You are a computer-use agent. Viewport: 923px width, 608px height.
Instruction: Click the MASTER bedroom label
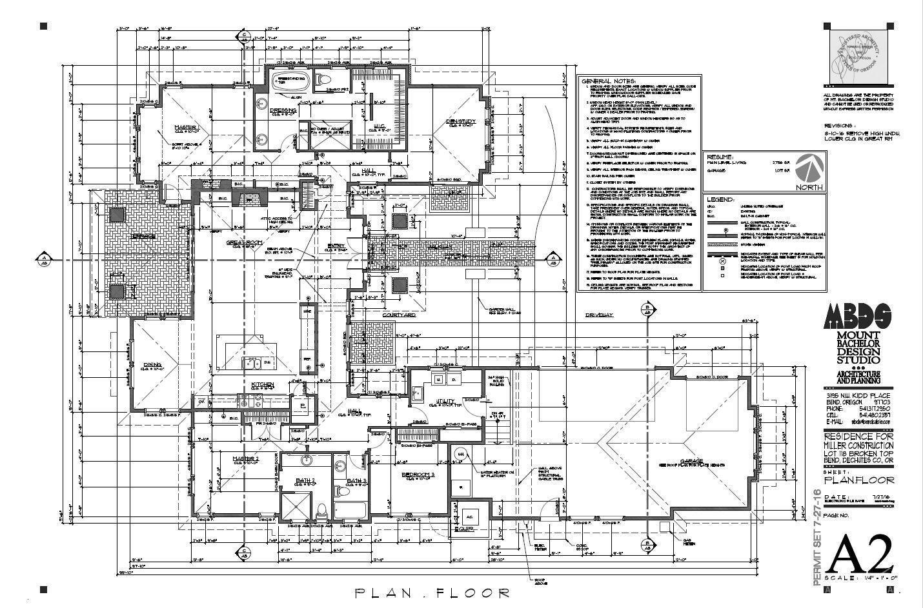(185, 127)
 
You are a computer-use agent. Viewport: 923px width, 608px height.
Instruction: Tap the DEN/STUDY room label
(461, 122)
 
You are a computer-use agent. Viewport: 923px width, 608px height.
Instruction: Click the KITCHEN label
(263, 385)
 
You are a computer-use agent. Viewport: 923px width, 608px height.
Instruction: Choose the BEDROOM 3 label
(418, 475)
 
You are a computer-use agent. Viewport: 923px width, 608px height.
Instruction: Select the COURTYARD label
(398, 315)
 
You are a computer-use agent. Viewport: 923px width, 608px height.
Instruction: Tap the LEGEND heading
(721, 200)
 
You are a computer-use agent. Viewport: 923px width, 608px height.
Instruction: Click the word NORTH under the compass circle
(809, 187)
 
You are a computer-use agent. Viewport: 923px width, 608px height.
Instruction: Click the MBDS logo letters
(858, 317)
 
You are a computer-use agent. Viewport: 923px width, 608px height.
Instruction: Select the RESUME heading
(720, 157)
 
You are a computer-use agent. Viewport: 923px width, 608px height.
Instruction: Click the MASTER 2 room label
(246, 458)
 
